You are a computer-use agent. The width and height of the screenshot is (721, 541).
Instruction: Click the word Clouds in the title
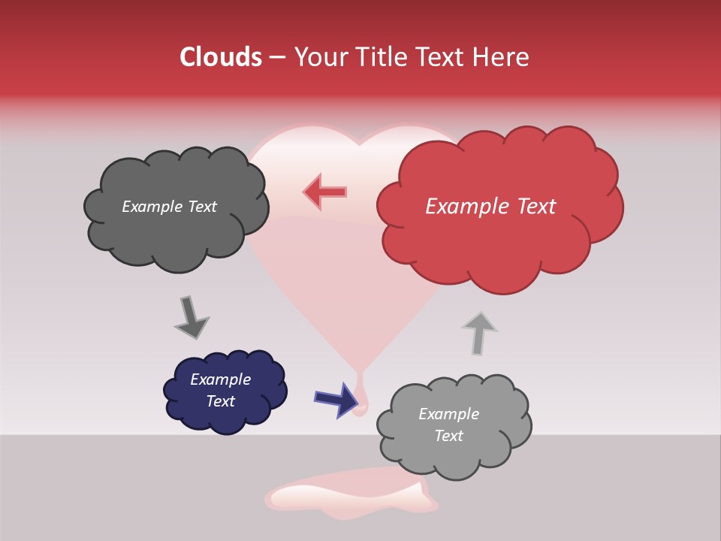(220, 57)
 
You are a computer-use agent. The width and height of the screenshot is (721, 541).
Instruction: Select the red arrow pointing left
(325, 192)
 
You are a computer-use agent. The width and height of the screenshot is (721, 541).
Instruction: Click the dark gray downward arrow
(191, 317)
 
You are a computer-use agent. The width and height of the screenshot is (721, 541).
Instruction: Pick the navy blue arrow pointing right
(336, 399)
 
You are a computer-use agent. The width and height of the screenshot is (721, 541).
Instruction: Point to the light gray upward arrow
(478, 332)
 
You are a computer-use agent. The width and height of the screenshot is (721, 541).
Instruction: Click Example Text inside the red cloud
(490, 207)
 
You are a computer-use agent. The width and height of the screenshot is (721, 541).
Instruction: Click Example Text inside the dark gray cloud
(169, 207)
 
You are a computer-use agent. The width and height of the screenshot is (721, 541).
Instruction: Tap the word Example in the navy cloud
(220, 379)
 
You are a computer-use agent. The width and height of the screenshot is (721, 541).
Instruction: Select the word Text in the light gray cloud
(448, 436)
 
